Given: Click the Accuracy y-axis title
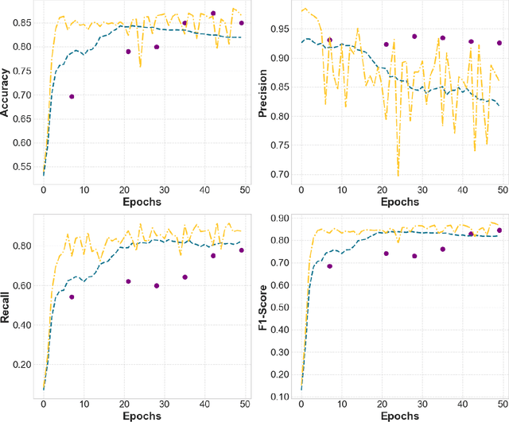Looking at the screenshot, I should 6,94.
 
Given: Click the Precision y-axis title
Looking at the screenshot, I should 263,94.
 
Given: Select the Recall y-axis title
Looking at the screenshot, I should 6,305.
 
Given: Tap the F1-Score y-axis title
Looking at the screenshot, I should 263,305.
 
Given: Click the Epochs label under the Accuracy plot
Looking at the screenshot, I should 144,202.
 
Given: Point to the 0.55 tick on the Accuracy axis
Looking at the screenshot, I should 24,168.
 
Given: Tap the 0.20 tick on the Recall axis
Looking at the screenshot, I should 24,364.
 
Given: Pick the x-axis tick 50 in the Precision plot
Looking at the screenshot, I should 502,191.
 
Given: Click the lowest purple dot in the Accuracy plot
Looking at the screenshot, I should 72,97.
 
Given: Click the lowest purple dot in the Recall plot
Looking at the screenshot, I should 72,297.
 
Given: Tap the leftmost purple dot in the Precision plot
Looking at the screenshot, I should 329,40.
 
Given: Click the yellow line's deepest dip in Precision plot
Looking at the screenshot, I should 398,176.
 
